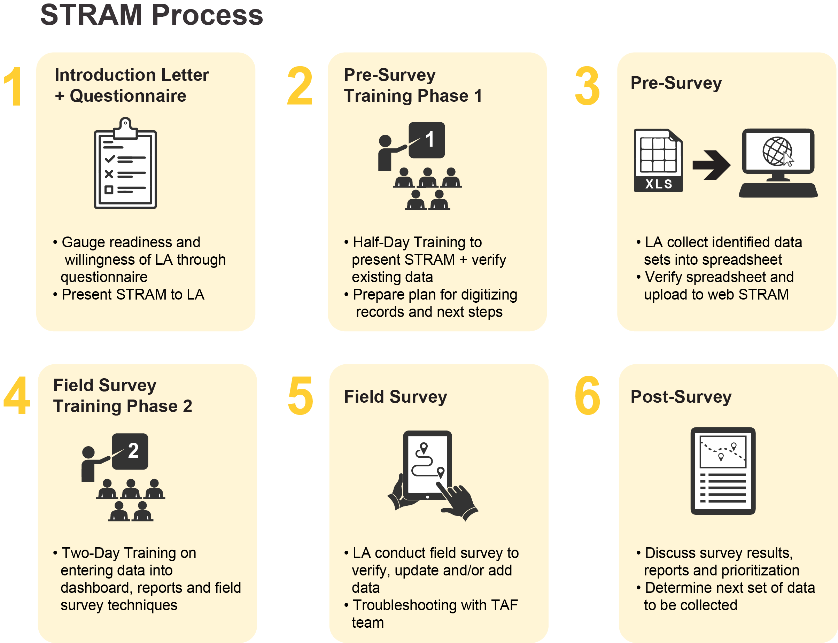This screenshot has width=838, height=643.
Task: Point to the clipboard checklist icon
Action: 125,163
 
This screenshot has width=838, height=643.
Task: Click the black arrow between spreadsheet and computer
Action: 711,165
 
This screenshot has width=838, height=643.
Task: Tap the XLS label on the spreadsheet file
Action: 659,184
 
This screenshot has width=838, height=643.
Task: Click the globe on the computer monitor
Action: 777,151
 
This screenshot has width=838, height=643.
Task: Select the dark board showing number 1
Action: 427,140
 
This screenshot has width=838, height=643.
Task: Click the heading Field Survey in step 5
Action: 395,396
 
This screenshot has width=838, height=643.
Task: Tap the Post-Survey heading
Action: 681,396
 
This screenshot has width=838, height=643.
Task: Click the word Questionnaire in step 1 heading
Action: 128,96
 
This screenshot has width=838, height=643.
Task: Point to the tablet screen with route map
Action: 427,465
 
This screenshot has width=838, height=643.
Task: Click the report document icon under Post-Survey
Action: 722,471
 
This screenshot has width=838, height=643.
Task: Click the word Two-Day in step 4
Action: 91,553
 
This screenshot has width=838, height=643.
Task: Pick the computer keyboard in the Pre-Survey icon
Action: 778,190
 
